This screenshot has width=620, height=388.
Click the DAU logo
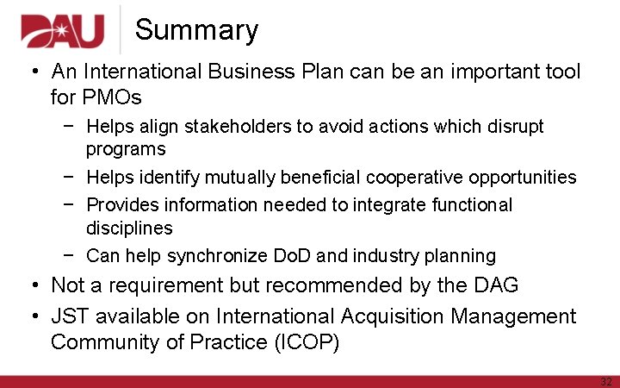(x=61, y=33)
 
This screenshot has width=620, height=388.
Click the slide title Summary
(x=196, y=30)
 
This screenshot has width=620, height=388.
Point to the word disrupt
(x=512, y=127)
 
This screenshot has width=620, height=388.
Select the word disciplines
(x=129, y=228)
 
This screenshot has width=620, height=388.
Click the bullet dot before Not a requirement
(x=32, y=285)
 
